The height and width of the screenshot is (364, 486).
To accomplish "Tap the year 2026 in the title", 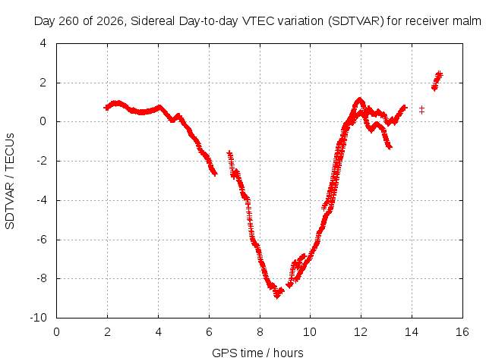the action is [x=110, y=21].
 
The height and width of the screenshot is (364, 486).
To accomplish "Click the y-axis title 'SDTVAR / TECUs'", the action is [x=10, y=181].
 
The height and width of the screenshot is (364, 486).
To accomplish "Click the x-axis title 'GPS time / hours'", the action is [x=257, y=353].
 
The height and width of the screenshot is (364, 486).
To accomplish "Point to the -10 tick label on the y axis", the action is [x=38, y=318].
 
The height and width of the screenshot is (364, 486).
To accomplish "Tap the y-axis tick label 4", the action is [x=43, y=43].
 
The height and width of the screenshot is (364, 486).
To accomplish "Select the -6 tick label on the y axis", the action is [x=41, y=240].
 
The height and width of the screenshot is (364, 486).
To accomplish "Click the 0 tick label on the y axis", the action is [x=43, y=121].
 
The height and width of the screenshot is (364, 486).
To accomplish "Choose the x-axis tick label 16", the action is [x=462, y=332].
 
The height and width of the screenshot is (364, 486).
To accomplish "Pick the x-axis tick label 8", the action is [x=260, y=332].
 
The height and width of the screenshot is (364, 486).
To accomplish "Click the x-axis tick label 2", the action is [x=107, y=332].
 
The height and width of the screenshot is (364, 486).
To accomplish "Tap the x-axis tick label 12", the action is [x=361, y=332].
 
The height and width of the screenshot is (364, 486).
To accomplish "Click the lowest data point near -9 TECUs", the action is [x=277, y=296].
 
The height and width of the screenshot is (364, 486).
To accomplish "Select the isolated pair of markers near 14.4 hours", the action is [x=421, y=109].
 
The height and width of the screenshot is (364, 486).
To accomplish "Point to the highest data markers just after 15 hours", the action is [x=439, y=74].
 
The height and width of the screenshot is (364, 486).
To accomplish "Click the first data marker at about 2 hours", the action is [x=106, y=108].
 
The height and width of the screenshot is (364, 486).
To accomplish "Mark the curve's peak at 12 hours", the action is [x=359, y=99].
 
